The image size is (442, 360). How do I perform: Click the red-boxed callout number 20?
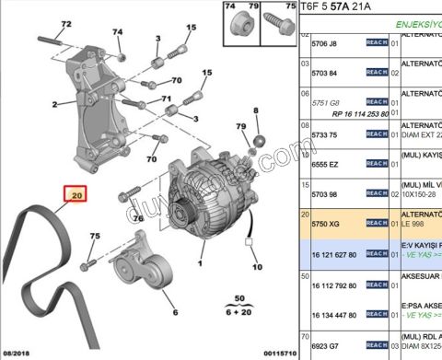coord(76,195)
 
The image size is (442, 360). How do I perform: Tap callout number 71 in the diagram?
coord(167,99)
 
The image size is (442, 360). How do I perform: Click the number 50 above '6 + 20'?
coord(240,300)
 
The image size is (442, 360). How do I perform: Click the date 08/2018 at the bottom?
coord(17,354)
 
